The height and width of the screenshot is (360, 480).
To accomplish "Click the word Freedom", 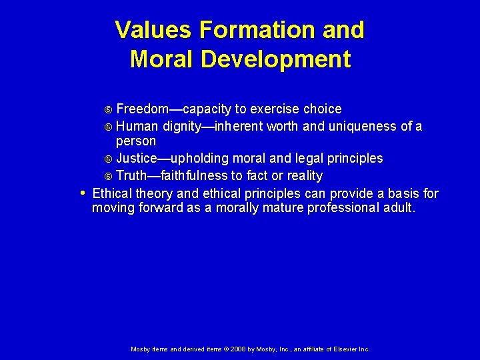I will (x=142, y=109).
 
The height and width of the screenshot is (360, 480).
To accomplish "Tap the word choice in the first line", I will (x=322, y=109).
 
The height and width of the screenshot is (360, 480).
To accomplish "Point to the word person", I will (x=136, y=141).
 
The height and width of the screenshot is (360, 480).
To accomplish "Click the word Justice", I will (x=137, y=159).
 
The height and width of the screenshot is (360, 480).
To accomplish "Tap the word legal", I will (x=311, y=159).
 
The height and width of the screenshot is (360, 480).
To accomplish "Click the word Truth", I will (x=132, y=176).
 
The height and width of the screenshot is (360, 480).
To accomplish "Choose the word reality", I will (x=301, y=176).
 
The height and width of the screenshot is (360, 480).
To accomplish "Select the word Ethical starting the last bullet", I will (x=112, y=194).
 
